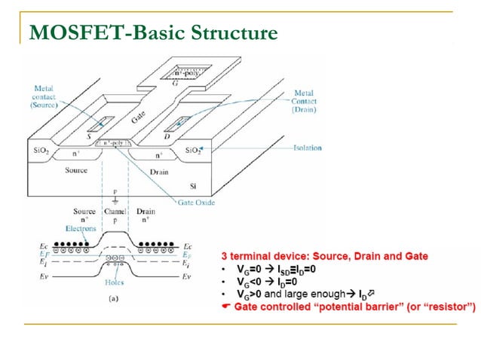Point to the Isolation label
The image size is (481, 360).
pos(307,148)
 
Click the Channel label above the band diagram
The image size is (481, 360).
pos(115,212)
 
